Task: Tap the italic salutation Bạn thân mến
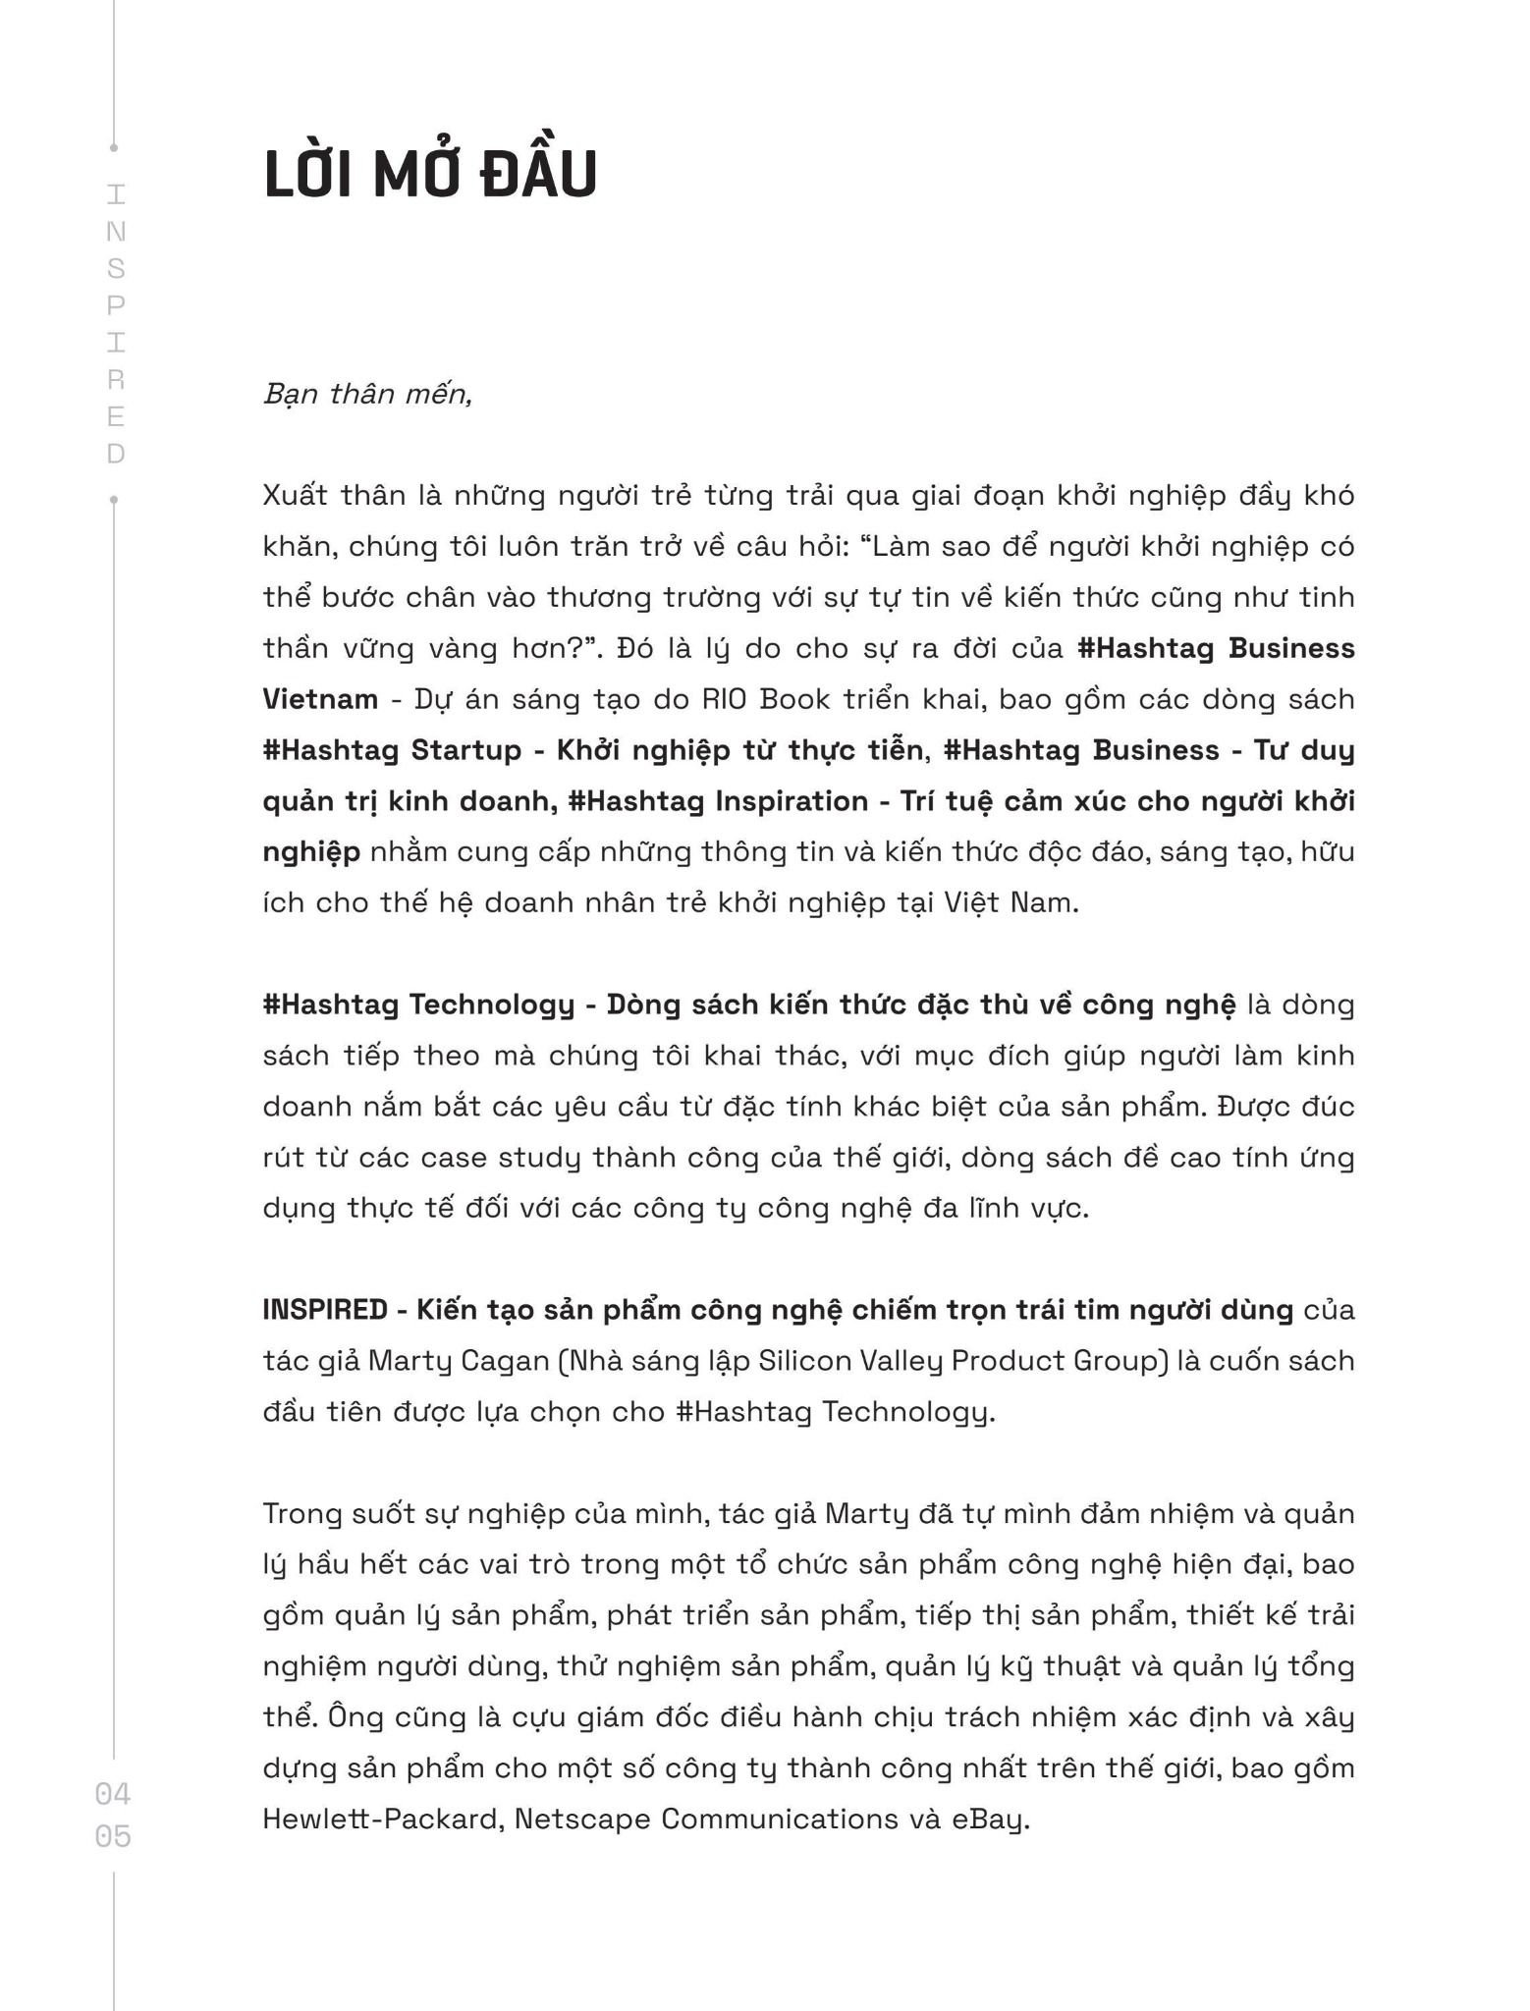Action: click(x=367, y=395)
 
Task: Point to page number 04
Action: click(x=113, y=1794)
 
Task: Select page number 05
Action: click(x=113, y=1835)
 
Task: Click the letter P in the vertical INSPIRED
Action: click(x=116, y=305)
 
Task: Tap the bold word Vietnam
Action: click(x=320, y=699)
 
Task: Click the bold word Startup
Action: click(x=465, y=750)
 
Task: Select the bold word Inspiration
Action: click(x=792, y=801)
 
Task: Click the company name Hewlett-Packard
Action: click(x=383, y=1820)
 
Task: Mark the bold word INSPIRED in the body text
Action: click(x=325, y=1310)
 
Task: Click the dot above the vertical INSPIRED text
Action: click(x=114, y=148)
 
